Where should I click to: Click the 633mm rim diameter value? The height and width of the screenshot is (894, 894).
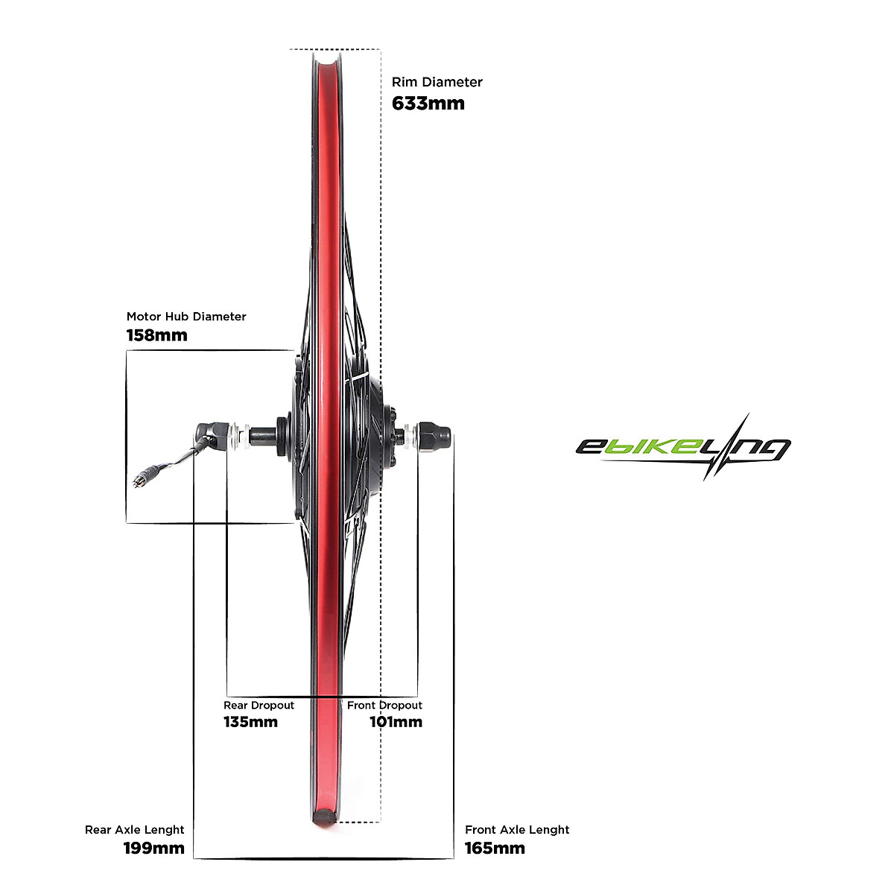428,104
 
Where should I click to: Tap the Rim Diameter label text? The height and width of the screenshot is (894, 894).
437,82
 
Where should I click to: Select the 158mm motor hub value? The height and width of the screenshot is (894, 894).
157,335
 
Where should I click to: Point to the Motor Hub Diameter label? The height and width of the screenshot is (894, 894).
186,317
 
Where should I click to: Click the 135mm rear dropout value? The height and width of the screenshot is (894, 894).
250,722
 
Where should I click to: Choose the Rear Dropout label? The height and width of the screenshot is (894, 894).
259,706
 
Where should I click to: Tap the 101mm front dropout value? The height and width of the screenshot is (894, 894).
396,722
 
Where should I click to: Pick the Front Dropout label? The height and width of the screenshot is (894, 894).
384,706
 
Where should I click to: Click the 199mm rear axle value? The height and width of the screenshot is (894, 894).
153,848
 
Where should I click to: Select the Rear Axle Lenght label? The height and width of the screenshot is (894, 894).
135,830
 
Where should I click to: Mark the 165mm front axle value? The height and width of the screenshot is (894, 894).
495,848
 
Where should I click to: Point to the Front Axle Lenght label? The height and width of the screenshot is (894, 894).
517,830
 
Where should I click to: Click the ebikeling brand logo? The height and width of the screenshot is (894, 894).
682,447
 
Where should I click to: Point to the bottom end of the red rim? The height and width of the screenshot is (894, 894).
323,815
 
